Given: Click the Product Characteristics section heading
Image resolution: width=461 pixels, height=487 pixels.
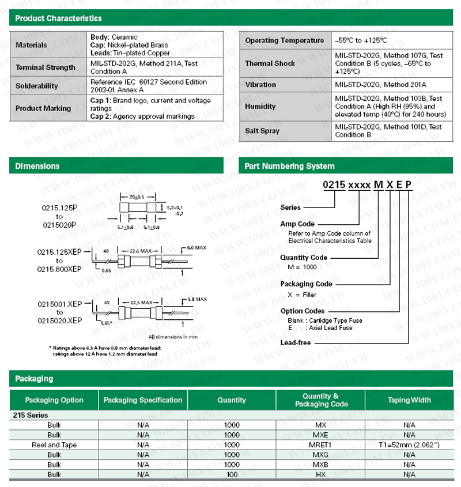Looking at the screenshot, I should [x=58, y=18].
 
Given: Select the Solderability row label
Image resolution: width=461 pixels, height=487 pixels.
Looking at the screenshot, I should [x=37, y=86].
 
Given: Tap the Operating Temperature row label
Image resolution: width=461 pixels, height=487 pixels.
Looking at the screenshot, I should [x=284, y=40].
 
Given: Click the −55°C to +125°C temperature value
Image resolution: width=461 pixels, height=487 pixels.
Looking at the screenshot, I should [x=361, y=40].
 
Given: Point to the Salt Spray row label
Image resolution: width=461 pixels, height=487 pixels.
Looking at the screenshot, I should [x=262, y=131].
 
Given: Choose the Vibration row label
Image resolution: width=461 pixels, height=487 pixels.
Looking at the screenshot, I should [x=260, y=85].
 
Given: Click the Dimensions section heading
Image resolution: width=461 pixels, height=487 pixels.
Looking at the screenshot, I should [x=37, y=166].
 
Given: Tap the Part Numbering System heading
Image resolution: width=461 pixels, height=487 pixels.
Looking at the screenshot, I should [x=289, y=166].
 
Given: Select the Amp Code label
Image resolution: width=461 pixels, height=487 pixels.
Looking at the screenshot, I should [x=297, y=224].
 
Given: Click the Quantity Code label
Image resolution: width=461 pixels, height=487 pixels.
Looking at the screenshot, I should [x=304, y=258].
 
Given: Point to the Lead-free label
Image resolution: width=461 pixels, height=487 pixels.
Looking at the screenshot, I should [x=296, y=343].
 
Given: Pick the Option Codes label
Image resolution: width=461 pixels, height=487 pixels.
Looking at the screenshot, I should [x=303, y=311].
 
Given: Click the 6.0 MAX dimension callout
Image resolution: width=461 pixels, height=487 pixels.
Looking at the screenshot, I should [x=197, y=248].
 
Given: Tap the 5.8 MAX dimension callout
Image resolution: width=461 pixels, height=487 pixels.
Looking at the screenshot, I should [x=197, y=300].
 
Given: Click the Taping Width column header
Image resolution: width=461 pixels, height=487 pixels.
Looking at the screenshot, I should [x=409, y=400].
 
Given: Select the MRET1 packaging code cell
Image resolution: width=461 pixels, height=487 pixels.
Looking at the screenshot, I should [x=321, y=445].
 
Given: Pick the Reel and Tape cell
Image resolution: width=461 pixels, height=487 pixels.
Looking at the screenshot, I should [x=54, y=445].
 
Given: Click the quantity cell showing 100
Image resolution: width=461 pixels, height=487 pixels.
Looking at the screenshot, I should [x=232, y=474].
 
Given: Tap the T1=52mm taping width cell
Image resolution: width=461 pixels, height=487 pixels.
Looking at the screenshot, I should [x=409, y=445].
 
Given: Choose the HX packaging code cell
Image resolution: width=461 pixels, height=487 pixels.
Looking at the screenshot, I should [x=321, y=474].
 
